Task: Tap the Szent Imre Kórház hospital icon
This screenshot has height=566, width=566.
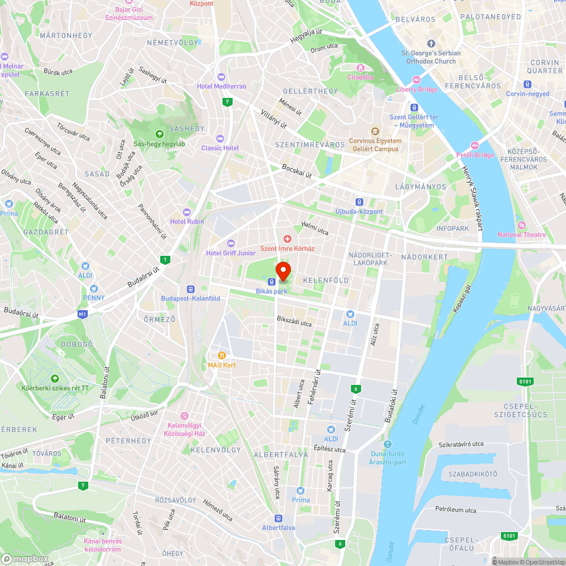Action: [287, 239]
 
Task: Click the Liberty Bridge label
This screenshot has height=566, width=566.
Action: [417, 89]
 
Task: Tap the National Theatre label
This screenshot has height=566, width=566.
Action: [521, 235]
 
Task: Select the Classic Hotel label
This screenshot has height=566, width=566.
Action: [220, 148]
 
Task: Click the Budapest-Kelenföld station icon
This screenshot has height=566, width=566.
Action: [190, 289]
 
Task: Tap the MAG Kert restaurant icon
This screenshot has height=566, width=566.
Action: [221, 355]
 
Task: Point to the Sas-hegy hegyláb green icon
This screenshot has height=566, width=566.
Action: [159, 134]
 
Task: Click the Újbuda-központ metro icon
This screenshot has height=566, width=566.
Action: [359, 202]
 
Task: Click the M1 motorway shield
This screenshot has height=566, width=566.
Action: [83, 314]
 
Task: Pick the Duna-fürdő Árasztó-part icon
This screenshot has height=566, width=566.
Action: [388, 444]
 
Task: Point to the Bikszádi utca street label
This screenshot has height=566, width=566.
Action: [294, 323]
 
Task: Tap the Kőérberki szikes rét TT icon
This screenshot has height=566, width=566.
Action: [55, 378]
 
